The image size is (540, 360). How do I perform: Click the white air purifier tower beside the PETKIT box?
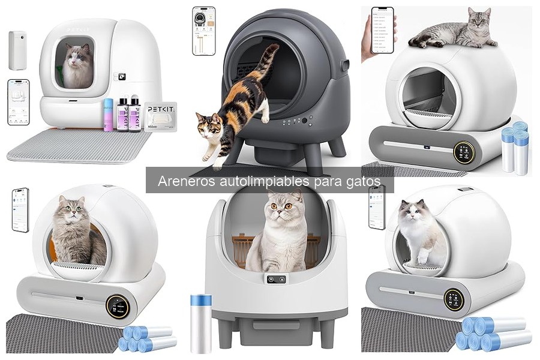(x=17, y=50)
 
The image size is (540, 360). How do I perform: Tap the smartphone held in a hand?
(x=382, y=30)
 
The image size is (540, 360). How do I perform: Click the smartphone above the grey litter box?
(x=203, y=31)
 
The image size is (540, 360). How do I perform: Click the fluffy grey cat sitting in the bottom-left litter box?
(x=71, y=231)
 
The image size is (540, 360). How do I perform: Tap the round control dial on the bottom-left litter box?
(x=118, y=305)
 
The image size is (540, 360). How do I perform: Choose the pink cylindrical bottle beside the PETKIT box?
(x=109, y=115)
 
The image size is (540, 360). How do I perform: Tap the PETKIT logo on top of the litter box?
(x=78, y=28)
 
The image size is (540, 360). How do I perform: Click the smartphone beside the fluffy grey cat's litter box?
(x=20, y=210)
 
